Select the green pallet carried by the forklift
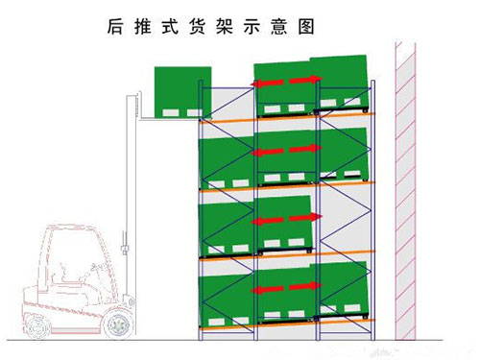181,92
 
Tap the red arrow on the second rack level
288,149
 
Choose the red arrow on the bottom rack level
288,287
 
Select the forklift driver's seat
58,278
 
